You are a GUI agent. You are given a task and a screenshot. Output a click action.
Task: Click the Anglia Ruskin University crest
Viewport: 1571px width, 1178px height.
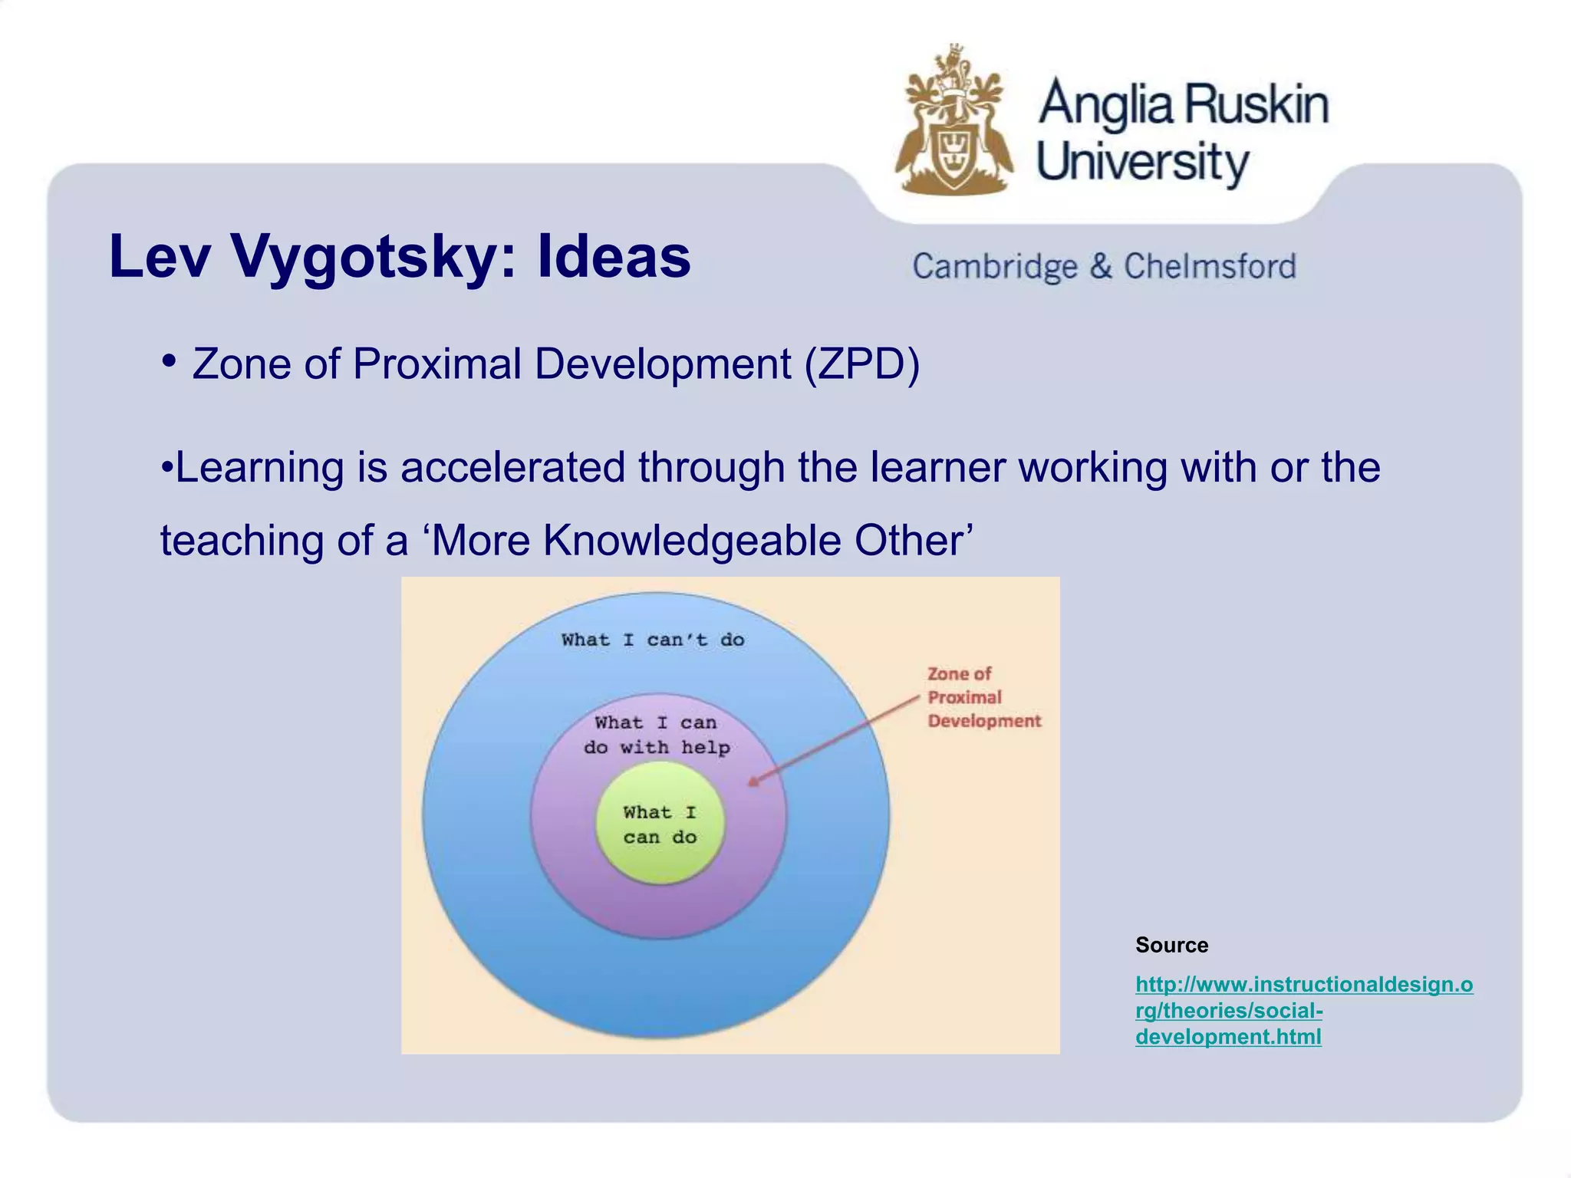pos(954,123)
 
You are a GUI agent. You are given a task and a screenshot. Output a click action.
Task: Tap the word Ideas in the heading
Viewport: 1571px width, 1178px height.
pos(614,255)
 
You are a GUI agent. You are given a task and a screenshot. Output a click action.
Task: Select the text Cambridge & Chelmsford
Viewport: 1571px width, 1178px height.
pos(1104,267)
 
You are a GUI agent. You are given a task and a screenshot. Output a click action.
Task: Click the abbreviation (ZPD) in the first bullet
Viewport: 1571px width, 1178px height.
pos(861,364)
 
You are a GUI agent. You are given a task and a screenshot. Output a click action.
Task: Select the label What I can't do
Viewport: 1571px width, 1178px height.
pos(653,640)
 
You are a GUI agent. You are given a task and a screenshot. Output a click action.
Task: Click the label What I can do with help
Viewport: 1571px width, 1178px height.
pos(657,735)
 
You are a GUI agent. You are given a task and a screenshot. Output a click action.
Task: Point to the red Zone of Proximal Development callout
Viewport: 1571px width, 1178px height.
pos(983,697)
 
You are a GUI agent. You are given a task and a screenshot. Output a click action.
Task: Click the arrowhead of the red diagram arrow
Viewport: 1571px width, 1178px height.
pos(753,782)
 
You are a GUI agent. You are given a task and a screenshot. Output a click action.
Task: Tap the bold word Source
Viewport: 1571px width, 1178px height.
pos(1171,945)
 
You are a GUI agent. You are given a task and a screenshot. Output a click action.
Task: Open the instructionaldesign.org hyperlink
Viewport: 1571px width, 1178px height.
pos(1303,1010)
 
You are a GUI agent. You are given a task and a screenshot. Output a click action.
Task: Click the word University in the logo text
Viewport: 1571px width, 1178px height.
pos(1142,163)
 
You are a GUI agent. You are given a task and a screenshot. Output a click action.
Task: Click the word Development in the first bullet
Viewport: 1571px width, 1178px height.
pos(663,364)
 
